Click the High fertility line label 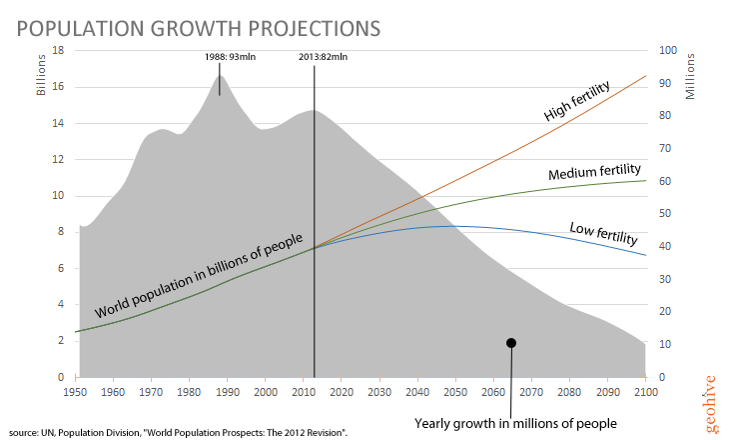(580, 100)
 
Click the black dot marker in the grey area (511, 342)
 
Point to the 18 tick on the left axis (58, 50)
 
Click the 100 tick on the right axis (667, 50)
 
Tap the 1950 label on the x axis (75, 392)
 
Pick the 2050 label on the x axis (455, 392)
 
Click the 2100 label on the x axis (645, 392)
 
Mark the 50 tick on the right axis (664, 213)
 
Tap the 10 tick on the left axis (58, 195)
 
